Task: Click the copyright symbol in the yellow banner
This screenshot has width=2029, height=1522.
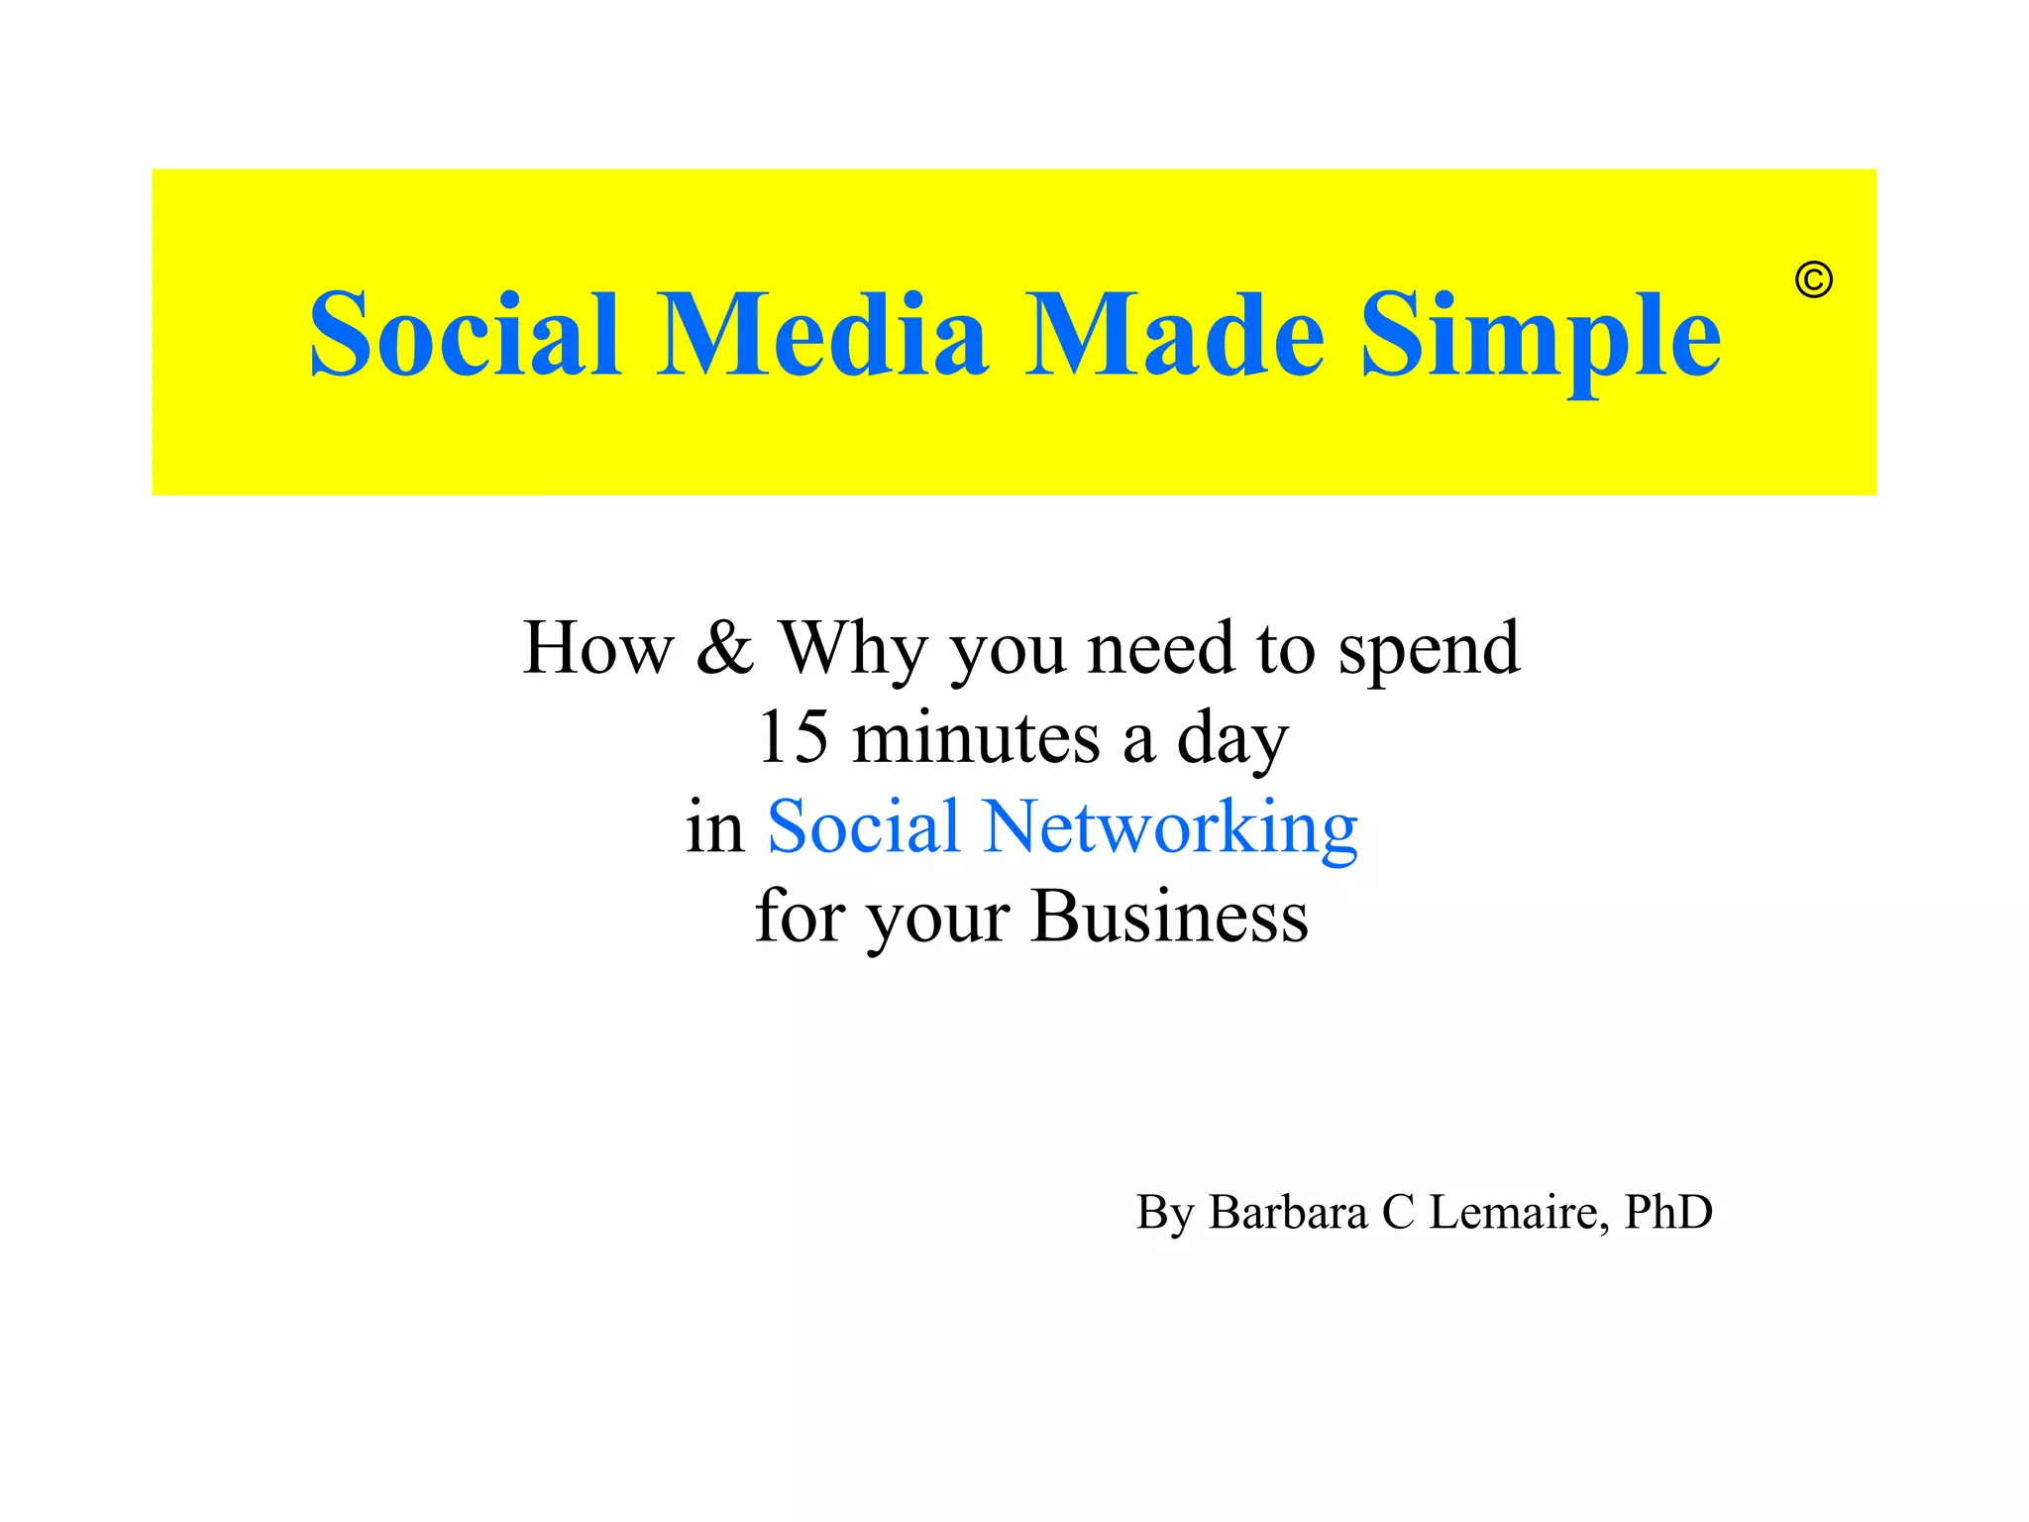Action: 1813,280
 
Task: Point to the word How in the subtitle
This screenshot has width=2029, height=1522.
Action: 597,649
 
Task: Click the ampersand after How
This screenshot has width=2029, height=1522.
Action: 724,649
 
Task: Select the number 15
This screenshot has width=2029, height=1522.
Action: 793,738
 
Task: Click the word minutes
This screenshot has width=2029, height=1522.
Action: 976,738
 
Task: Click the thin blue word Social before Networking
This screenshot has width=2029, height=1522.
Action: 863,827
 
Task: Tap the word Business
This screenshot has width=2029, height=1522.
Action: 1169,917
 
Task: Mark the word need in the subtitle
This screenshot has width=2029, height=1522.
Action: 1161,649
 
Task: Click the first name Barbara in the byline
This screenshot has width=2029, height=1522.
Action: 1287,1212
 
